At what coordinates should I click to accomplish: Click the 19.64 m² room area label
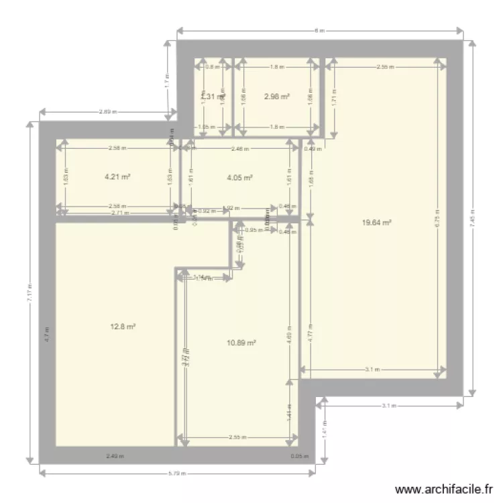coord(378,224)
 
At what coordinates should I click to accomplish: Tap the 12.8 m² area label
coord(123,327)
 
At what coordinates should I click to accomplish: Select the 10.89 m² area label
coord(241,343)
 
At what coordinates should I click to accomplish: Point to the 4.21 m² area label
coord(117,177)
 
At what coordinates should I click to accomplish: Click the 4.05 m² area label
coord(239,178)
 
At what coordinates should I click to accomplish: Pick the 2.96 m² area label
coord(277,97)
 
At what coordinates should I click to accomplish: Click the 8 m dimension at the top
coord(320,31)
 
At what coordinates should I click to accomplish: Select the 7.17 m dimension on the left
coord(30,293)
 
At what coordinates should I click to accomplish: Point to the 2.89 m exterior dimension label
coord(106,112)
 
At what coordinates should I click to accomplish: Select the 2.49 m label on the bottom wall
coord(115,457)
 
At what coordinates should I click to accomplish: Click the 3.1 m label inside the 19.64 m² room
coord(374,369)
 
